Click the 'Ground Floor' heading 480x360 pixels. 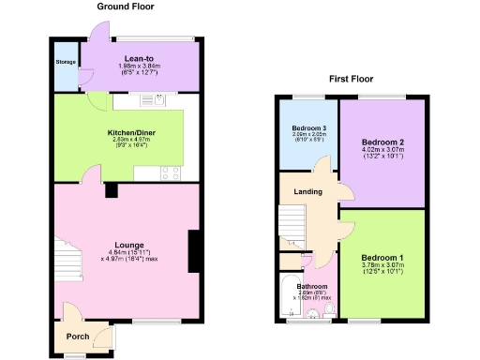click(126, 7)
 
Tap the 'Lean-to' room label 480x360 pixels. click(140, 58)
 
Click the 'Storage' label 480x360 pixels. click(65, 65)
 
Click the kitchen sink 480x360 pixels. click(151, 98)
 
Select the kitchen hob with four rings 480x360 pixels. click(172, 172)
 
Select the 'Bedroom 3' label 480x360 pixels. click(308, 127)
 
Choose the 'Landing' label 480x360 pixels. click(307, 192)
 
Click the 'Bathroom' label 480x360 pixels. click(312, 286)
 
